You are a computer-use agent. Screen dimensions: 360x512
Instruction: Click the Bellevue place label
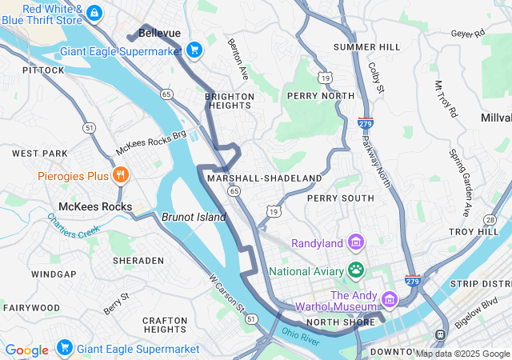[159, 33]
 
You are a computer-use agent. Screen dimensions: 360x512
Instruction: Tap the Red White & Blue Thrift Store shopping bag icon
[94, 13]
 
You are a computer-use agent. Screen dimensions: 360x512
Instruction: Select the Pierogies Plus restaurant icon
[120, 175]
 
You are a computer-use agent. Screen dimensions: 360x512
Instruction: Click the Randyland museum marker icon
[356, 242]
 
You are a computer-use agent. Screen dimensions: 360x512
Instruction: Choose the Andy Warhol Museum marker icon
[390, 300]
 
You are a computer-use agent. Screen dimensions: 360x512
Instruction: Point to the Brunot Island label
[189, 216]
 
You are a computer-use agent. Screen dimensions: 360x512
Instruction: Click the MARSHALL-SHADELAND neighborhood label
[264, 178]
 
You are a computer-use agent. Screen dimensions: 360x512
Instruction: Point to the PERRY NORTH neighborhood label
[320, 96]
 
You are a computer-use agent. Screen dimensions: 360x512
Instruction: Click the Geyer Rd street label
[468, 34]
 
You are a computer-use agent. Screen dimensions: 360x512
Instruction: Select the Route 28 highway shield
[490, 219]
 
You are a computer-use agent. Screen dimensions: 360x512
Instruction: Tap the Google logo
[26, 350]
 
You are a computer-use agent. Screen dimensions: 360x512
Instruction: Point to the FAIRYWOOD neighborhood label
[31, 307]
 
